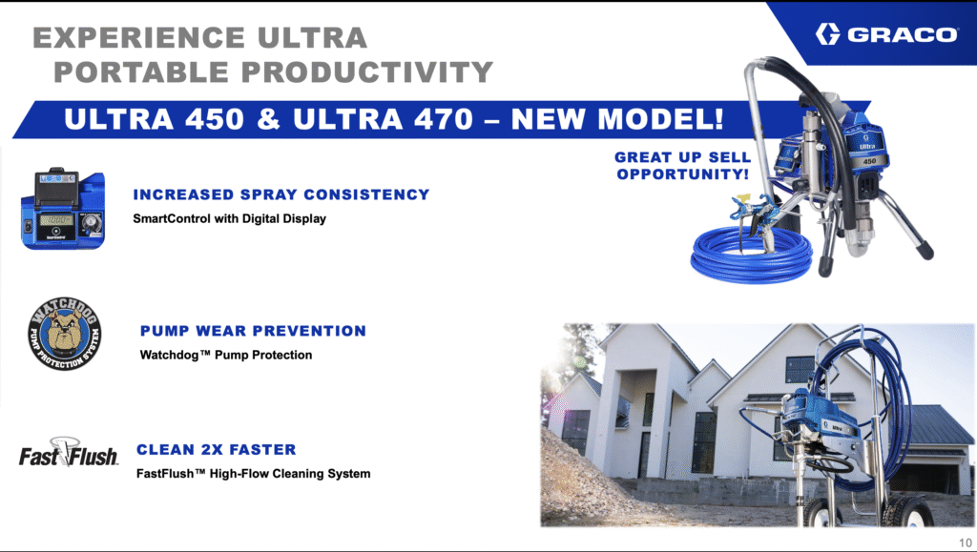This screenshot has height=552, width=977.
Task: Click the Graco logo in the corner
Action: [886, 33]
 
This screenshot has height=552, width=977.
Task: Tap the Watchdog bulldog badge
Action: [65, 333]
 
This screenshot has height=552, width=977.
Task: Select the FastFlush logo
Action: [68, 453]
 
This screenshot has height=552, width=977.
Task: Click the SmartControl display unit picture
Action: [63, 209]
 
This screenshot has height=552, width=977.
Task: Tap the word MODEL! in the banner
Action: [660, 118]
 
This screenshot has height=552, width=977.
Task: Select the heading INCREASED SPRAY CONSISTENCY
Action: [281, 194]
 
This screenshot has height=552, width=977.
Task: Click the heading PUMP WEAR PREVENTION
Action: [253, 331]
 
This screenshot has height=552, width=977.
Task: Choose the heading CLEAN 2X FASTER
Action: [217, 449]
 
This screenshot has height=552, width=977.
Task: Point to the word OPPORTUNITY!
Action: [683, 174]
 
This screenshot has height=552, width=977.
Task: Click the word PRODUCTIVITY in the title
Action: [367, 72]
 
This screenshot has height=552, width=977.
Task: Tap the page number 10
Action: [966, 542]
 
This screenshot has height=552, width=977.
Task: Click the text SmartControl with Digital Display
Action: [229, 218]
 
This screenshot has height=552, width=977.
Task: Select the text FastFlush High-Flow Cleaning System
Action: [254, 474]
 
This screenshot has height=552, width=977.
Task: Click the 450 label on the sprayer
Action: [869, 161]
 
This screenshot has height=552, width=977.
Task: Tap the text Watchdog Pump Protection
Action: [226, 356]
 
